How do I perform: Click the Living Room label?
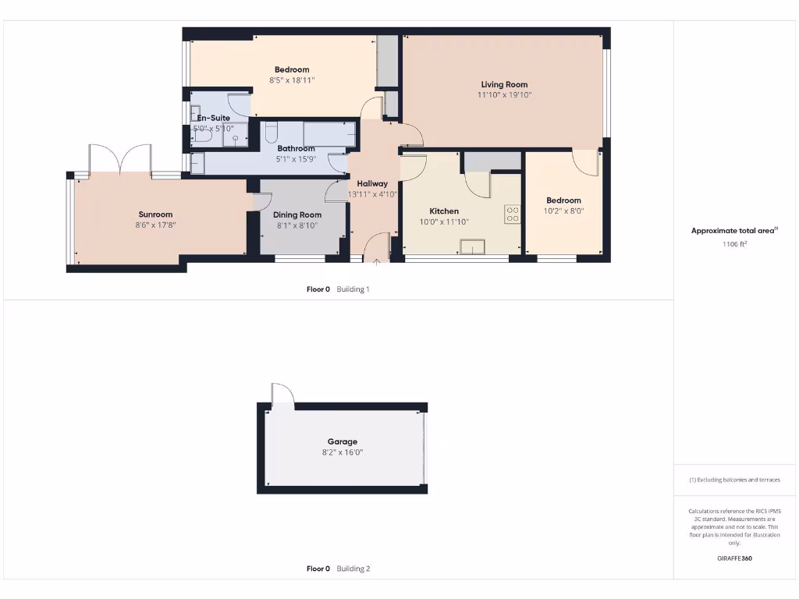[503, 84]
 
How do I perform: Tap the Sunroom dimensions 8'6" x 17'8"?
[155, 225]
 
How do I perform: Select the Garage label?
[343, 441]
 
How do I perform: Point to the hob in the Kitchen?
[512, 214]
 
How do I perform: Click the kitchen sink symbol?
[472, 248]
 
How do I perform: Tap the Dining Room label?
[297, 215]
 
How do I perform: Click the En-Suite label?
[213, 118]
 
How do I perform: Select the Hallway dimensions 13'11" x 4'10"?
[372, 194]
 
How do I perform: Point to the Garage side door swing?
[281, 395]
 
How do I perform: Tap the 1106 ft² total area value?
[734, 244]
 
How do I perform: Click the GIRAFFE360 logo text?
[734, 558]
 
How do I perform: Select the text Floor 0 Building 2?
[338, 569]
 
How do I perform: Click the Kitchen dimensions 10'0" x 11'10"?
[444, 222]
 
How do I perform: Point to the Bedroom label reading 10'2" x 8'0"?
[563, 200]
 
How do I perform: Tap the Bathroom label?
[296, 148]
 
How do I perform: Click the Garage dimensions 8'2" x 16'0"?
[343, 452]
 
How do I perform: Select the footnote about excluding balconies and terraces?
[734, 480]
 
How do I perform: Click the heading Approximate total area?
[734, 230]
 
